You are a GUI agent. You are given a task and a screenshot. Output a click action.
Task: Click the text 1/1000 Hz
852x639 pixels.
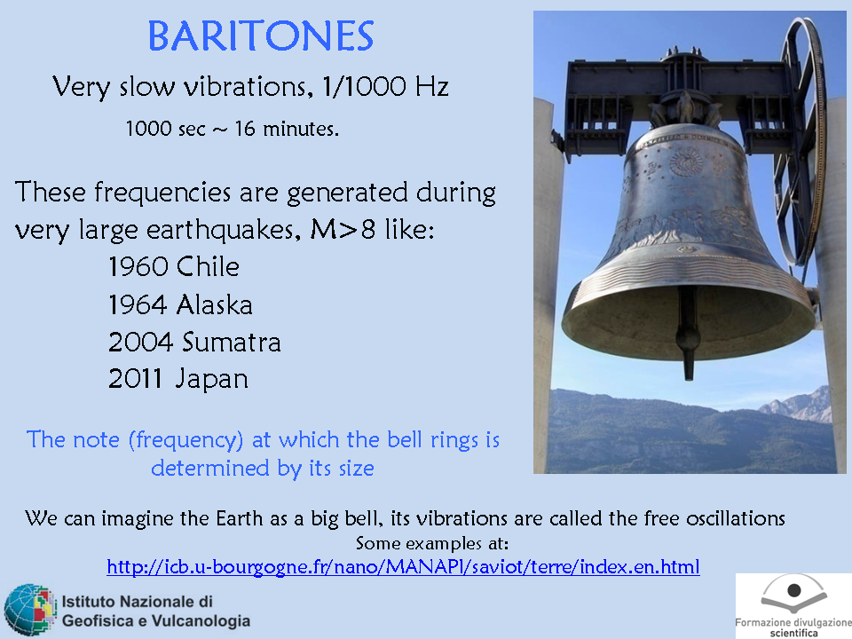[x=385, y=86]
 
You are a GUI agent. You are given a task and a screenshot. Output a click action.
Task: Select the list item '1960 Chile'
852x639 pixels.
[x=174, y=267]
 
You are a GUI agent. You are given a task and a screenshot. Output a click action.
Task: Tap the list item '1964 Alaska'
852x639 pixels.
[x=180, y=304]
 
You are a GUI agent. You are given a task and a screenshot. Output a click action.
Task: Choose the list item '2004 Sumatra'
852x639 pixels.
[x=194, y=343]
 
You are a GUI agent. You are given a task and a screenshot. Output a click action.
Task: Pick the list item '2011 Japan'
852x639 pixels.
[x=178, y=379]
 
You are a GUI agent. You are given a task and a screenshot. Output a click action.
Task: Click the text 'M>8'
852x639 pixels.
[x=343, y=229]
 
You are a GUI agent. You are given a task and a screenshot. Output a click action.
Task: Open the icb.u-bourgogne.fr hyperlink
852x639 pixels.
[x=403, y=567]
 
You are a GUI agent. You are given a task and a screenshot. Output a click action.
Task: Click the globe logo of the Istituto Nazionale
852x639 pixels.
[x=30, y=610]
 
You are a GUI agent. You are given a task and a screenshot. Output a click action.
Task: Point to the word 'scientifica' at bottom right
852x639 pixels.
[x=793, y=633]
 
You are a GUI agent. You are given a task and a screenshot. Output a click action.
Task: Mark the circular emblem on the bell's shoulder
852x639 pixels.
[x=686, y=162]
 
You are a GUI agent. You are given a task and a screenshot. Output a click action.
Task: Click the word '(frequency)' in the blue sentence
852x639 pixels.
[x=185, y=440]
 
